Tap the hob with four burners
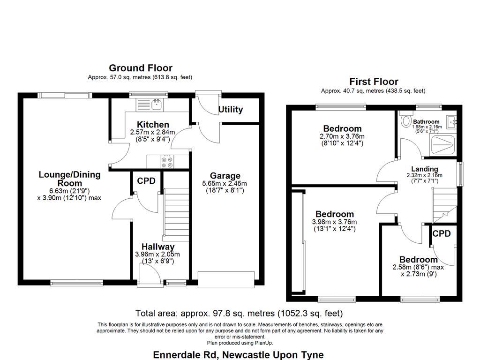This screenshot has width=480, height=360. [167, 162]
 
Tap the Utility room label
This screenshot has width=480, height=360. [231, 110]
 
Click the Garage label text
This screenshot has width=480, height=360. [225, 176]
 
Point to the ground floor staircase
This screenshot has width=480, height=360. [176, 213]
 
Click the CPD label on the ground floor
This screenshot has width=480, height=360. [146, 181]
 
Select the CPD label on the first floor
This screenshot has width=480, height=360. [442, 233]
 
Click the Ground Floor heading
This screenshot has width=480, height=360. [141, 68]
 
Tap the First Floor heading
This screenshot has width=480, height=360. [374, 82]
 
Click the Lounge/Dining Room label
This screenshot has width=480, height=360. [69, 179]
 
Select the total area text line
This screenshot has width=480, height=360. [239, 313]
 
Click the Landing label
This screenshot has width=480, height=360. [425, 169]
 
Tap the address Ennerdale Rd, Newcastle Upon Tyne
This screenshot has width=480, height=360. [239, 354]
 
